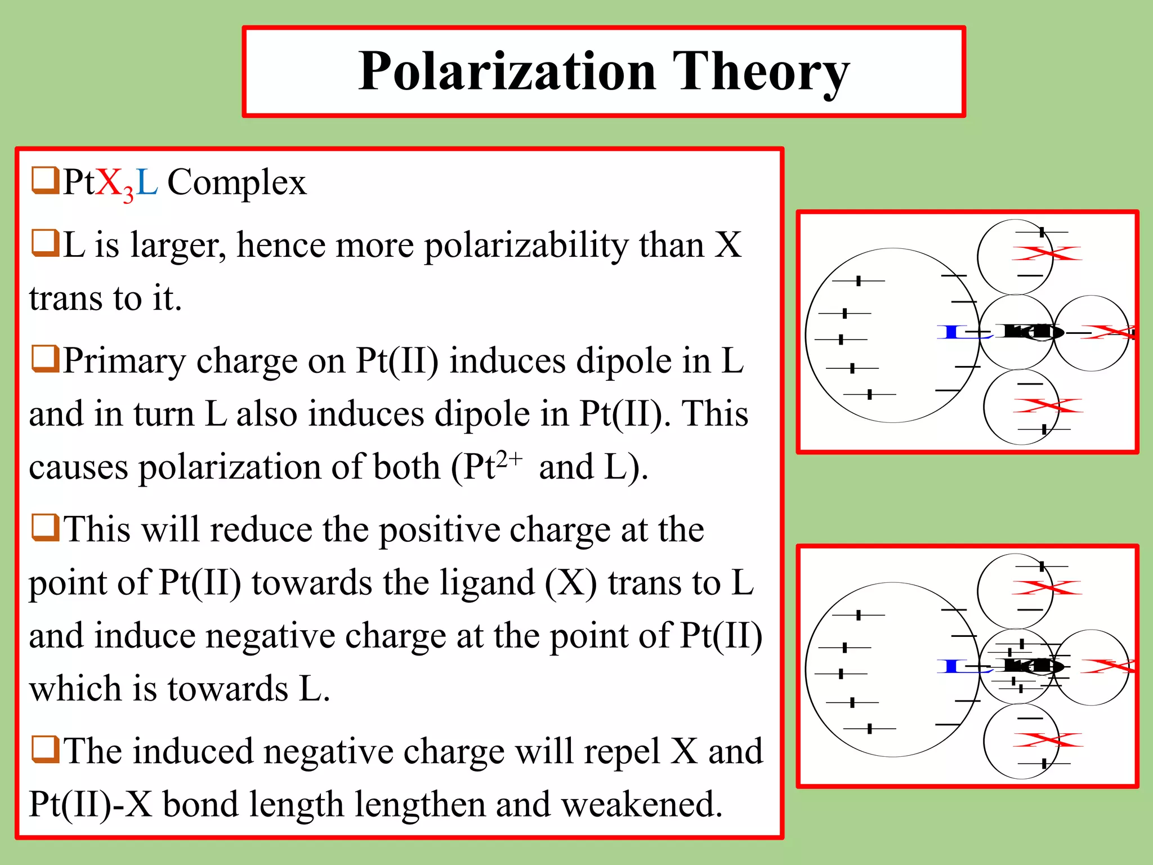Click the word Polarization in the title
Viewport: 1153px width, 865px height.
click(x=507, y=71)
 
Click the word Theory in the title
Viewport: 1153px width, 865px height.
click(x=761, y=72)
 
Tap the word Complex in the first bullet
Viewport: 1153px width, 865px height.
click(x=236, y=182)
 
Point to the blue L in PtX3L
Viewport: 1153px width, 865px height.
click(x=146, y=182)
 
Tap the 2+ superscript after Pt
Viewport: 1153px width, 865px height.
click(x=509, y=459)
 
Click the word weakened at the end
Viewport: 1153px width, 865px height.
click(x=642, y=804)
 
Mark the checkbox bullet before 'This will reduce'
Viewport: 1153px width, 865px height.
click(x=45, y=527)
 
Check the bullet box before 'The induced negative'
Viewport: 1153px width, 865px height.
click(x=45, y=749)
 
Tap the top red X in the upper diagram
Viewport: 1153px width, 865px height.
click(x=1046, y=253)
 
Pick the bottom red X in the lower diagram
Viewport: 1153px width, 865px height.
click(x=1047, y=740)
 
